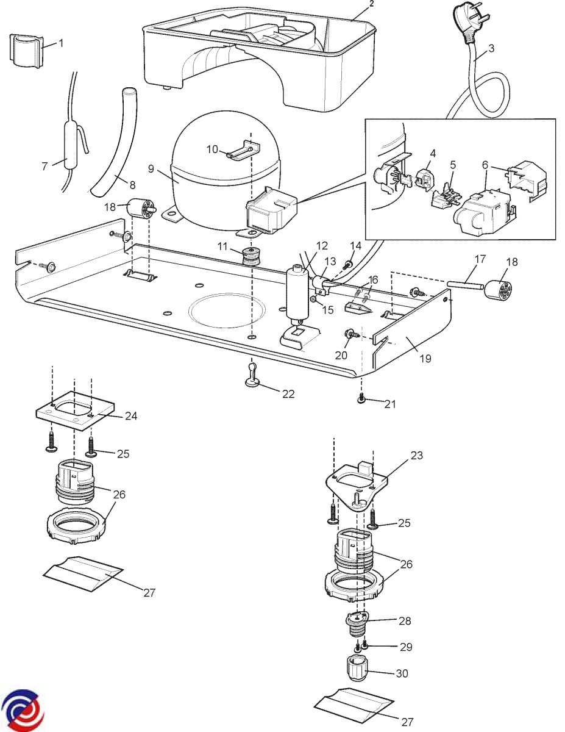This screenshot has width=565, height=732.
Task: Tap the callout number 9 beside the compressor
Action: tap(151, 169)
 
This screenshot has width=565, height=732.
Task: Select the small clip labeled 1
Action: tap(26, 51)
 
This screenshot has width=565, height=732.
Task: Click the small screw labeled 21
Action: tap(361, 398)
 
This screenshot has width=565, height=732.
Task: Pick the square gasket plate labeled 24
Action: tap(75, 411)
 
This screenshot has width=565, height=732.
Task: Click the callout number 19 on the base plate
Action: tap(425, 359)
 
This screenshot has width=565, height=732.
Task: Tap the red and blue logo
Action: tap(21, 709)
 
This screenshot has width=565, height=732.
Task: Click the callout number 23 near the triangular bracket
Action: tap(416, 456)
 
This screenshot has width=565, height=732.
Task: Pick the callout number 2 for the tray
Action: tap(371, 4)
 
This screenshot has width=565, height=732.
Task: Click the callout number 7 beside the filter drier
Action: tap(44, 166)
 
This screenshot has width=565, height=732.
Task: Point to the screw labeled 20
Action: tap(350, 334)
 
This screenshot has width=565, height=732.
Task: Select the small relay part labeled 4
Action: tap(424, 177)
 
